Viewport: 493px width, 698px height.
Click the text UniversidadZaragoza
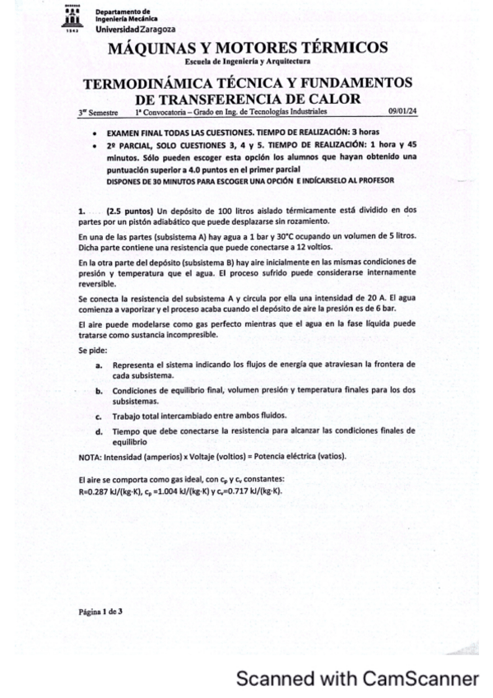click(x=128, y=30)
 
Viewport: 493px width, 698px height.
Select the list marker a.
click(x=99, y=364)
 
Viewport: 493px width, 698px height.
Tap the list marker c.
click(x=99, y=416)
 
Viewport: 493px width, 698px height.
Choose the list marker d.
click(x=99, y=430)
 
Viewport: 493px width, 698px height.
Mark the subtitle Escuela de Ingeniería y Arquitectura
click(x=247, y=63)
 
